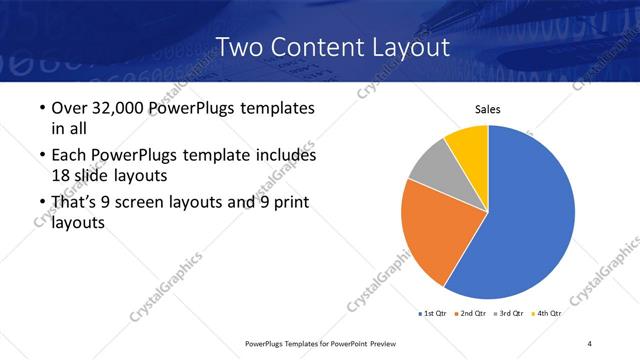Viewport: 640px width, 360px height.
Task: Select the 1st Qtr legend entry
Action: [434, 314]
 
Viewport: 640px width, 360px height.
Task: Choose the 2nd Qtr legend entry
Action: [474, 314]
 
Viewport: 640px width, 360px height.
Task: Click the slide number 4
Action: [590, 343]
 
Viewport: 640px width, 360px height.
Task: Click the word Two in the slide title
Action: [240, 46]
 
